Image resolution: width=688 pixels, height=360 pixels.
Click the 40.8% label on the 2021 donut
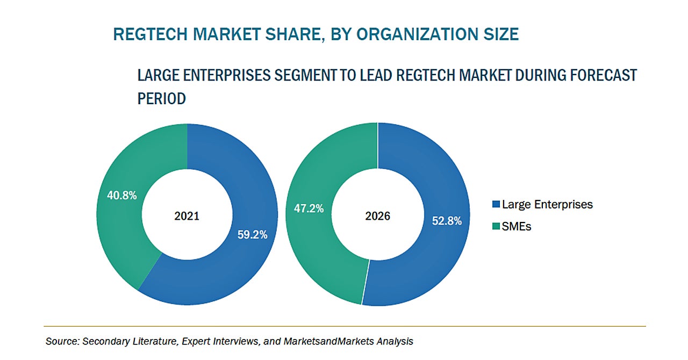click(x=121, y=196)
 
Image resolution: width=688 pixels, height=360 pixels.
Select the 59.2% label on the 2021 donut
click(x=252, y=234)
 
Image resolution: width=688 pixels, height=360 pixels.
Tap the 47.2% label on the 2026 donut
click(x=308, y=208)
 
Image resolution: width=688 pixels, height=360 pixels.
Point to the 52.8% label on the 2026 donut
click(x=446, y=220)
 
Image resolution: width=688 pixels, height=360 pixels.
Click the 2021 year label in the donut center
click(x=187, y=216)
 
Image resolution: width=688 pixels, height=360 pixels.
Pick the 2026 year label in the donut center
click(x=377, y=216)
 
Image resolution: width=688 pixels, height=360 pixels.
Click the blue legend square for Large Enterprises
click(x=496, y=205)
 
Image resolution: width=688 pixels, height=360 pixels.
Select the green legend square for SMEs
click(x=496, y=227)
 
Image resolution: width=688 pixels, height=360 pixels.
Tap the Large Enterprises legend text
click(x=547, y=205)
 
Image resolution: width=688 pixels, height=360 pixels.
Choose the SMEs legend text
click(x=517, y=227)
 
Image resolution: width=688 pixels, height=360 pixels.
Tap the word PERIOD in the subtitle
click(x=162, y=99)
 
